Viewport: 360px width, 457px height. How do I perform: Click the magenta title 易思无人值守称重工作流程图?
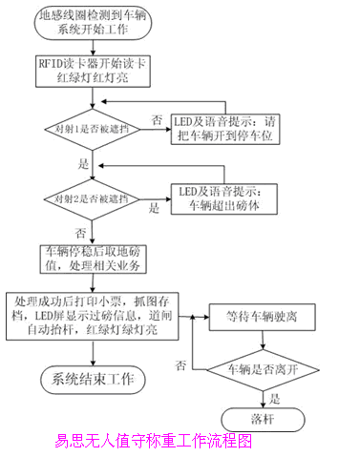pyautogui.click(x=154, y=442)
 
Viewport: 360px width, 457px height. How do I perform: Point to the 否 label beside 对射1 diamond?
pyautogui.click(x=157, y=119)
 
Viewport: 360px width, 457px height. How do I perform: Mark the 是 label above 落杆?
pyautogui.click(x=276, y=397)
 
